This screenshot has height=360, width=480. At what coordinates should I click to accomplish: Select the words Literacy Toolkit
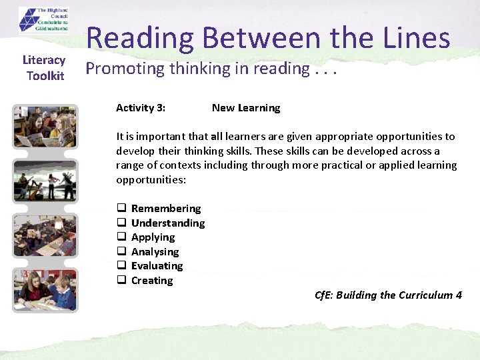pyautogui.click(x=45, y=68)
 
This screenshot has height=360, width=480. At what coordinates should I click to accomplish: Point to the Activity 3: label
pyautogui.click(x=141, y=108)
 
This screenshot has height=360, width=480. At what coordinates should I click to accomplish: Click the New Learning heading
pyautogui.click(x=246, y=108)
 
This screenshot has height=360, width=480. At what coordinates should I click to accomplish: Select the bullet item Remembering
pyautogui.click(x=166, y=209)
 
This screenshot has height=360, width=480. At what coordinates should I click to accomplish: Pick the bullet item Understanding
pyautogui.click(x=168, y=223)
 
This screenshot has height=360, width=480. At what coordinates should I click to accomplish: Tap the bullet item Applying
pyautogui.click(x=153, y=237)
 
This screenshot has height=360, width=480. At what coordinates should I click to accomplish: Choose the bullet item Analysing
pyautogui.click(x=155, y=252)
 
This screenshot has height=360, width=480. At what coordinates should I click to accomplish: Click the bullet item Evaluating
pyautogui.click(x=157, y=266)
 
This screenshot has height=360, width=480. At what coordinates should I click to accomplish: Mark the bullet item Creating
pyautogui.click(x=152, y=281)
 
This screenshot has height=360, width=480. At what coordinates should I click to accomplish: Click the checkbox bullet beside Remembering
pyautogui.click(x=122, y=209)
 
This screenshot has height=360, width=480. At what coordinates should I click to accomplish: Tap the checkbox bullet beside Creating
pyautogui.click(x=122, y=281)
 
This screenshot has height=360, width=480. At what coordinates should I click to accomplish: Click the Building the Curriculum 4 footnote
pyautogui.click(x=388, y=295)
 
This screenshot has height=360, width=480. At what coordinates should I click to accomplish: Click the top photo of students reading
pyautogui.click(x=45, y=127)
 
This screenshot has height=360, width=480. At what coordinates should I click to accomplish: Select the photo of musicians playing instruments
pyautogui.click(x=45, y=180)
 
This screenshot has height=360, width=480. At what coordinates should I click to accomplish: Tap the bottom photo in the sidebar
pyautogui.click(x=45, y=290)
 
